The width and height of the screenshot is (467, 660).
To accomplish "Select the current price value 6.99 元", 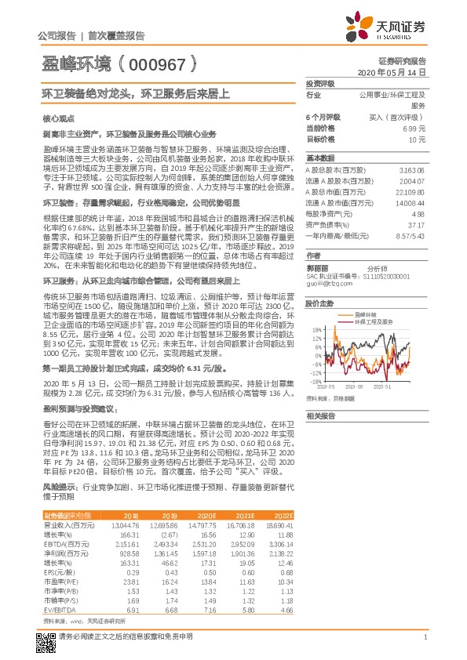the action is tap(414, 127).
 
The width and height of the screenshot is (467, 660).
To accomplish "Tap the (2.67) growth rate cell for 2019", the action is tap(170, 533).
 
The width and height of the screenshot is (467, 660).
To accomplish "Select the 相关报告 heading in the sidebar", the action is tap(320, 415).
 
